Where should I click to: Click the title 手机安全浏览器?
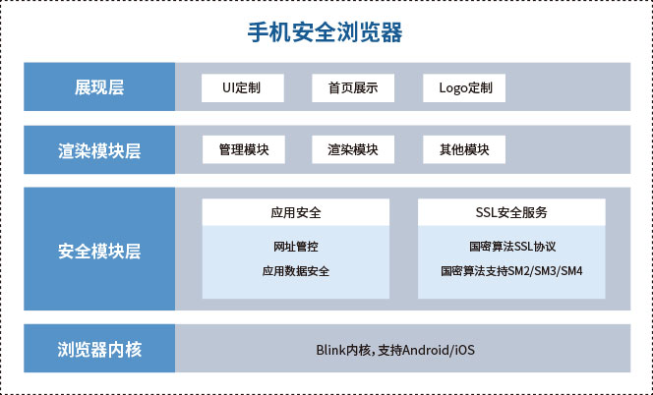pyautogui.click(x=325, y=32)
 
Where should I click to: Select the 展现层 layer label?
pyautogui.click(x=99, y=87)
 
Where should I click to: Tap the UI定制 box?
pyautogui.click(x=243, y=87)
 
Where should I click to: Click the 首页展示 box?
pyautogui.click(x=353, y=87)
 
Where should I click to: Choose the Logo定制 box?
pyautogui.click(x=464, y=87)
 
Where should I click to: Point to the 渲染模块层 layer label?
pyautogui.click(x=99, y=149)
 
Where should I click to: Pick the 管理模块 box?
pyautogui.click(x=244, y=149)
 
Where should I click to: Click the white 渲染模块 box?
pyautogui.click(x=353, y=149)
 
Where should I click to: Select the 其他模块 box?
pyautogui.click(x=464, y=149)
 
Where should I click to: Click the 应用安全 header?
pyautogui.click(x=296, y=212)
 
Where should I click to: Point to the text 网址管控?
pyautogui.click(x=296, y=247)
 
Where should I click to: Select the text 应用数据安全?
pyautogui.click(x=296, y=271)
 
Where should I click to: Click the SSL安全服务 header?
pyautogui.click(x=511, y=212)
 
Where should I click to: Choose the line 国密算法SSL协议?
pyautogui.click(x=512, y=247)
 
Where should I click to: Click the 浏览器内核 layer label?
pyautogui.click(x=99, y=349)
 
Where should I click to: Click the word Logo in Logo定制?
pyautogui.click(x=453, y=88)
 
